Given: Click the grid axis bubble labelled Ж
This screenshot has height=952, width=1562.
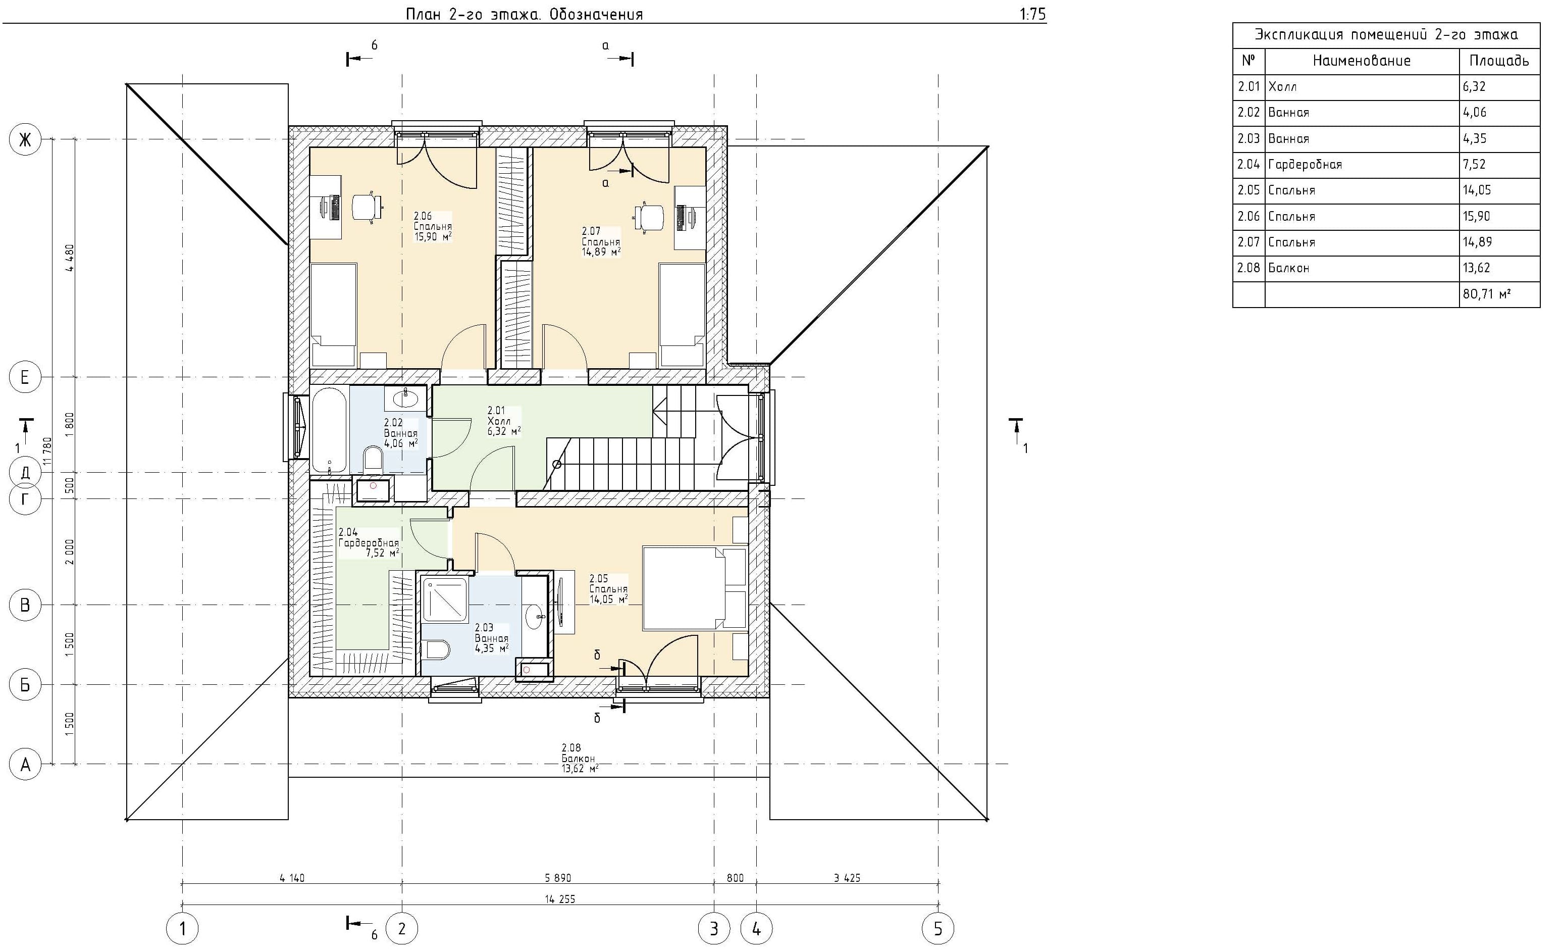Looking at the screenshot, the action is coord(25,139).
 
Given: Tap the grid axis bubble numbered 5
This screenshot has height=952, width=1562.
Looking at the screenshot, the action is coord(938,929).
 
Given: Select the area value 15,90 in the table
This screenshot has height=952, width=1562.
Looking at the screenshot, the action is coord(1476,216).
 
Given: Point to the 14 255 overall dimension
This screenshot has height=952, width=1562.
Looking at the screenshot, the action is coord(560,899).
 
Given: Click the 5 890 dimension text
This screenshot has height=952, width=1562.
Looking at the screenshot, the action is coord(558,878).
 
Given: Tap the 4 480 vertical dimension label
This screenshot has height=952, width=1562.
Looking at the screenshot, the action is coord(70,258).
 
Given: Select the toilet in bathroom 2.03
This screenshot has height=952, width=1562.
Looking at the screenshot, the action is coord(437,649).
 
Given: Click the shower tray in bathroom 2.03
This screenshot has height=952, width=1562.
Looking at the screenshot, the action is coord(444,599).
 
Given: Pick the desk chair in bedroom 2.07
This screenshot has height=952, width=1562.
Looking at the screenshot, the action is coord(649,218).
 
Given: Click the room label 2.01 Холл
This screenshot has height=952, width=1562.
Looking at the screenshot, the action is coord(504,421).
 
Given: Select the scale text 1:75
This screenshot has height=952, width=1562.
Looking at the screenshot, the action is coord(1033,14).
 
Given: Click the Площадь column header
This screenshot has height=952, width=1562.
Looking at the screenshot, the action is coord(1499,61).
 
